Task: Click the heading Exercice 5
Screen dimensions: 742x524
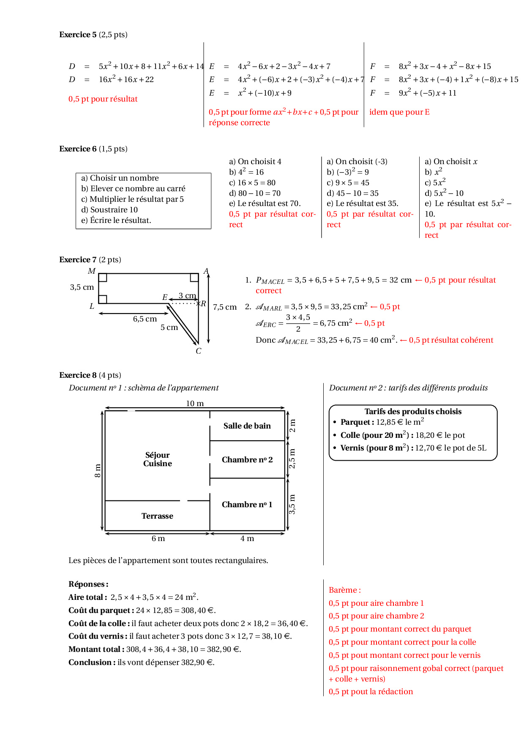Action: [78, 35]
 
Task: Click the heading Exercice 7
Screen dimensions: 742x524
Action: [78, 260]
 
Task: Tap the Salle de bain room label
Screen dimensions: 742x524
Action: [247, 426]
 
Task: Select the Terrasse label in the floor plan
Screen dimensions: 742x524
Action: [157, 516]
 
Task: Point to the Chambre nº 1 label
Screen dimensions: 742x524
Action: [247, 505]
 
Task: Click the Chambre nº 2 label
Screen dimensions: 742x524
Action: [247, 460]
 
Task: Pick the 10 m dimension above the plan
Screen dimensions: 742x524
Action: [195, 404]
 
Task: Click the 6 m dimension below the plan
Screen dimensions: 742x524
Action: [158, 539]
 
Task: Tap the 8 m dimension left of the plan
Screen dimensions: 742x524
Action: [98, 470]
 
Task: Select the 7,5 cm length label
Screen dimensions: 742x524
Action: [225, 307]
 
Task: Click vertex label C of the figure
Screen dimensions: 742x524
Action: [199, 351]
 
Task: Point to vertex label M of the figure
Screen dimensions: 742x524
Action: [92, 271]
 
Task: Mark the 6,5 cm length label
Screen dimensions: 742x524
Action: [145, 319]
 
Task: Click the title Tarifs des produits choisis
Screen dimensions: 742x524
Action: [413, 412]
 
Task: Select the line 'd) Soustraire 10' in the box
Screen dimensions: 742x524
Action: [109, 210]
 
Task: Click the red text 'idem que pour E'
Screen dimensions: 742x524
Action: [399, 112]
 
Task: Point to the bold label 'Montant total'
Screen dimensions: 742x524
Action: [96, 649]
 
